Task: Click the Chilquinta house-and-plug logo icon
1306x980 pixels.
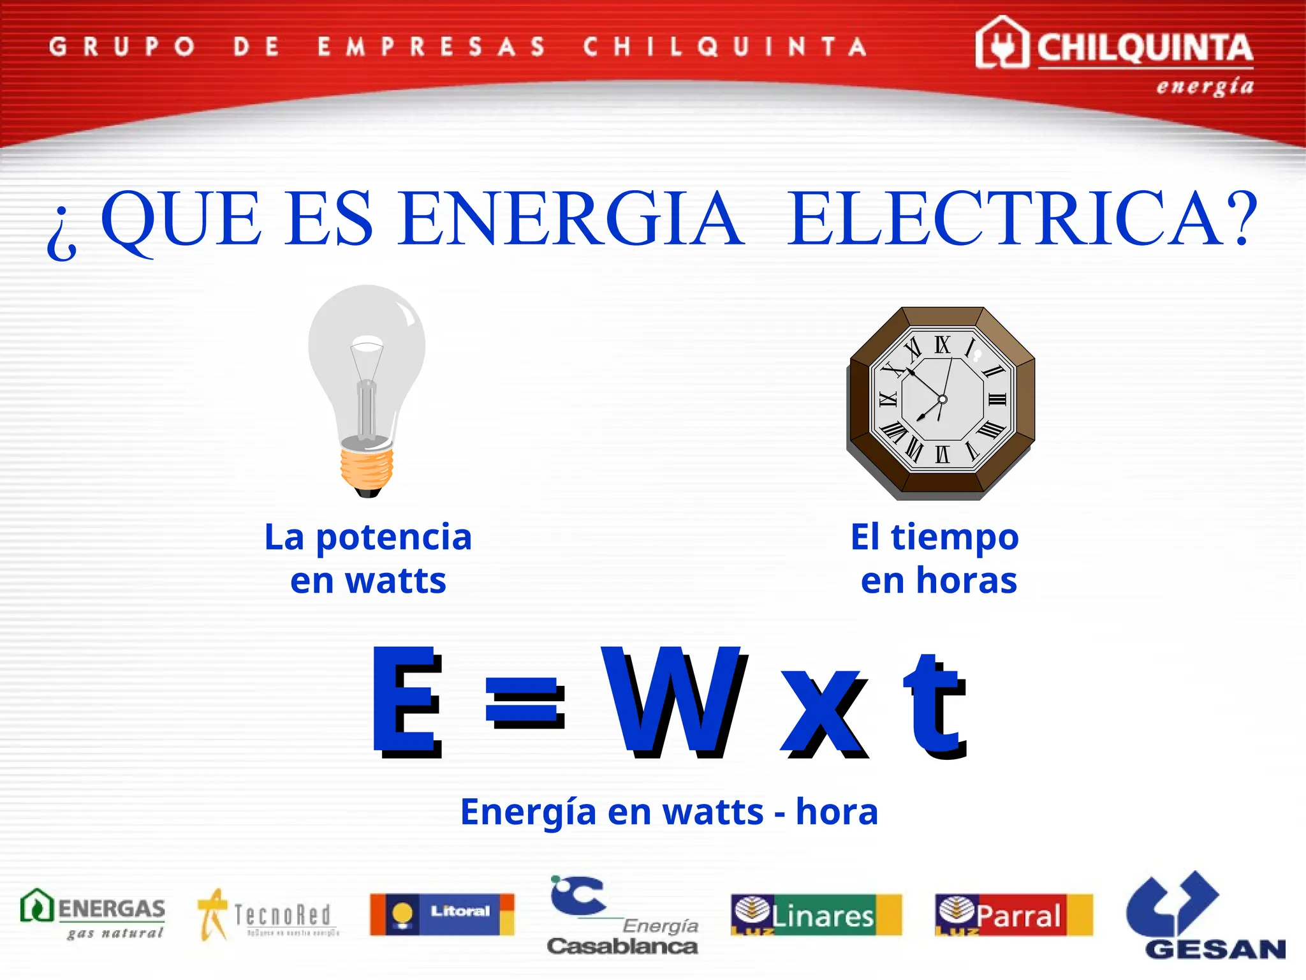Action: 1001,43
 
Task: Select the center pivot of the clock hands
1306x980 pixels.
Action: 943,399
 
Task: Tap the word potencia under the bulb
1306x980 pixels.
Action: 393,537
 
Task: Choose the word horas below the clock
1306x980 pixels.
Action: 966,581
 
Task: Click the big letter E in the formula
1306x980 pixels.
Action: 407,701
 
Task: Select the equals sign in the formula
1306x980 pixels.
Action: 525,702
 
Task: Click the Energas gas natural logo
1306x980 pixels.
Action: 93,914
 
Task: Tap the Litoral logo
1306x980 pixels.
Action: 442,914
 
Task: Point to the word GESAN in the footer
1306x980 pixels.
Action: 1215,949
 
